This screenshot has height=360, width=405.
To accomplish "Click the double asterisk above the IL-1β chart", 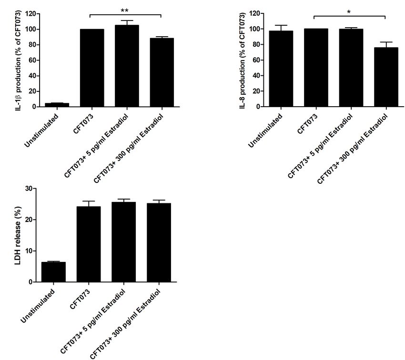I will (125, 10).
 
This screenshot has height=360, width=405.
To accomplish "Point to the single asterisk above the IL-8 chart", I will (349, 11).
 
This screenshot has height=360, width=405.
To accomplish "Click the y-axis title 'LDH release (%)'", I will (19, 235).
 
